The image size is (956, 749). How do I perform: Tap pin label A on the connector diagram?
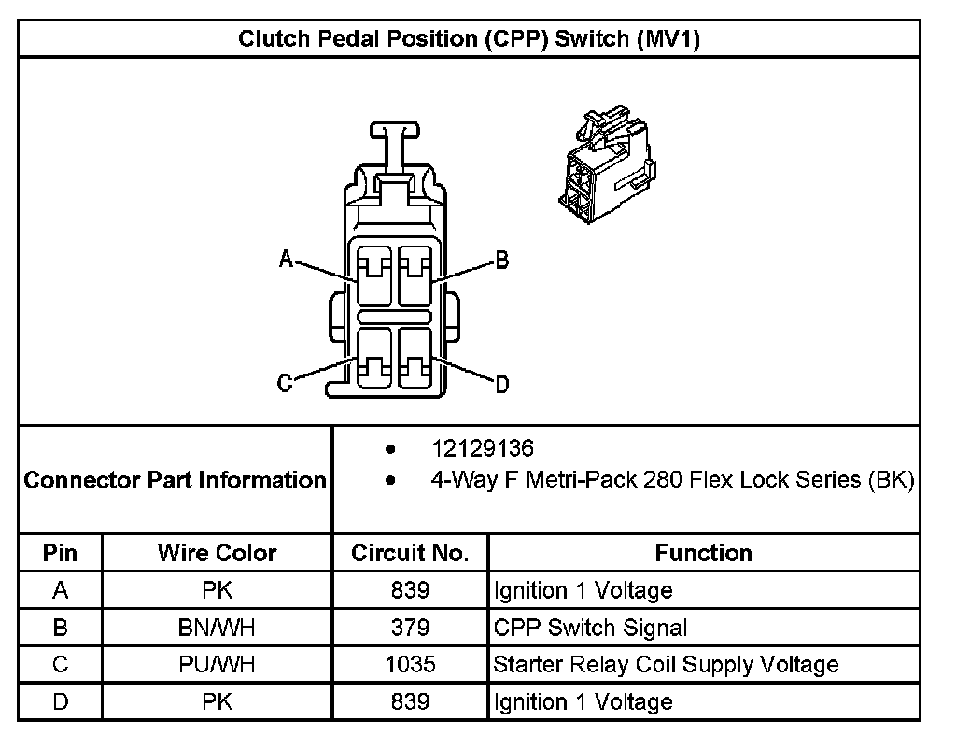pyautogui.click(x=287, y=259)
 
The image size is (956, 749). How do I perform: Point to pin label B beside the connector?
pyautogui.click(x=501, y=261)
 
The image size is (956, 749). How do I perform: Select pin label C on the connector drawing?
pyautogui.click(x=286, y=383)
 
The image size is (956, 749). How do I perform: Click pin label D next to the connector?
pyautogui.click(x=501, y=384)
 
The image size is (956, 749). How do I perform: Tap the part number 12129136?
pyautogui.click(x=482, y=449)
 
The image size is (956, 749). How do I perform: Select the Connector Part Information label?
pyautogui.click(x=175, y=480)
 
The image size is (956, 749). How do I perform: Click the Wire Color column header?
pyautogui.click(x=217, y=553)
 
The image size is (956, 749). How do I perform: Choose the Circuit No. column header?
pyautogui.click(x=410, y=553)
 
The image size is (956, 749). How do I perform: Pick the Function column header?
pyautogui.click(x=703, y=553)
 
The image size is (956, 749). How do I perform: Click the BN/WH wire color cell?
pyautogui.click(x=217, y=628)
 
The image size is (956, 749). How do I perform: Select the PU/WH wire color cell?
pyautogui.click(x=217, y=665)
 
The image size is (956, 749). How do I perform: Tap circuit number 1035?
pyautogui.click(x=410, y=665)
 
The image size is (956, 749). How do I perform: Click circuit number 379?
pyautogui.click(x=410, y=628)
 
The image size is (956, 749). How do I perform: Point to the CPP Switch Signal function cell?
pyautogui.click(x=590, y=628)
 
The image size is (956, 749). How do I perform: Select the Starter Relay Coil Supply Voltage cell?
pyautogui.click(x=666, y=665)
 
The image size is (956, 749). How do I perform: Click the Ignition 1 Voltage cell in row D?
pyautogui.click(x=583, y=701)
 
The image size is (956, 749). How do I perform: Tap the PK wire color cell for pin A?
pyautogui.click(x=217, y=590)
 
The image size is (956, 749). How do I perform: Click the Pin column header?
pyautogui.click(x=60, y=553)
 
